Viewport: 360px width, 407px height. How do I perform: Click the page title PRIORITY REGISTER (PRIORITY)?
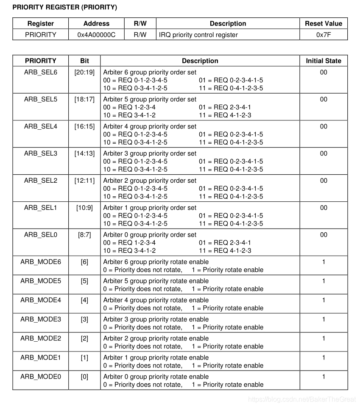point(65,8)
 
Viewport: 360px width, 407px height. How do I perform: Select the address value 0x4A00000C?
point(96,35)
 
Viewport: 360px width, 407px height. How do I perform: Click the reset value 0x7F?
point(323,35)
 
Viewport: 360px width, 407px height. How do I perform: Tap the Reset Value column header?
point(323,24)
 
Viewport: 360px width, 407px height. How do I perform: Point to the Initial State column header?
point(323,61)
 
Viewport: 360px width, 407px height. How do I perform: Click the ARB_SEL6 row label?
point(40,72)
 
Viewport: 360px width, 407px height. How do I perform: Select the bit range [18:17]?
point(84,99)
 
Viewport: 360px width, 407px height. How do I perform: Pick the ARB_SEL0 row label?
point(40,235)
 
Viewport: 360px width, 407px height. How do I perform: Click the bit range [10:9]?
point(84,208)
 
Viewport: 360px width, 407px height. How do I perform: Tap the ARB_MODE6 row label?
point(40,262)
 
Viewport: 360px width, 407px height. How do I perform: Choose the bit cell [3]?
point(84,319)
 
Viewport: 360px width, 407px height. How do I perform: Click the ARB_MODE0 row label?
point(40,376)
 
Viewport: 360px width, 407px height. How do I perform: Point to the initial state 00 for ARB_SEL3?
point(323,153)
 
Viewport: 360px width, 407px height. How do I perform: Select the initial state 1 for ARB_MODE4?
point(323,300)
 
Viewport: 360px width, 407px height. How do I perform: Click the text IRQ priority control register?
point(198,35)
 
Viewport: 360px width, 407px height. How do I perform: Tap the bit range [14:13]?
point(84,153)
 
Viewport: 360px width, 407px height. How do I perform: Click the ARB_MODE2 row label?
point(40,338)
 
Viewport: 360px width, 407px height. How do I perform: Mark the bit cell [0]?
point(84,376)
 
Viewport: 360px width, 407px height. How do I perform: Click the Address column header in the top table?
point(96,24)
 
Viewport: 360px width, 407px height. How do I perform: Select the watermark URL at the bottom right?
point(301,399)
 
